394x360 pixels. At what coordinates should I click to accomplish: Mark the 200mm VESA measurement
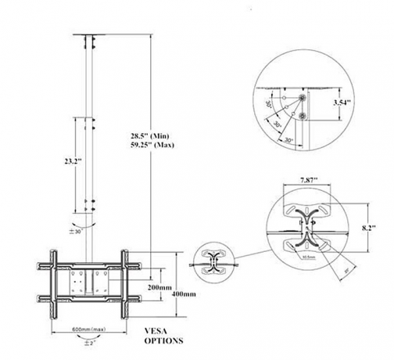point(159,288)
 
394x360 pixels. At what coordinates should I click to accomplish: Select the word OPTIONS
point(163,341)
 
